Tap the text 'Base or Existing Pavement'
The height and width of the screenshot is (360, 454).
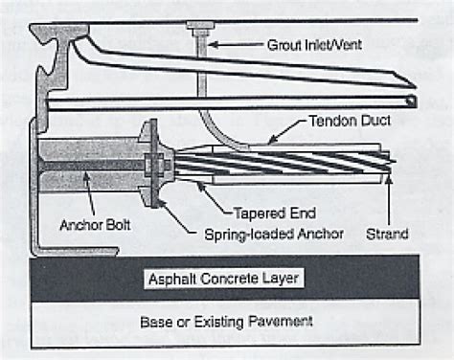pyautogui.click(x=228, y=320)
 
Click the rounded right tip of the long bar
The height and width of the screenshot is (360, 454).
pyautogui.click(x=411, y=100)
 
